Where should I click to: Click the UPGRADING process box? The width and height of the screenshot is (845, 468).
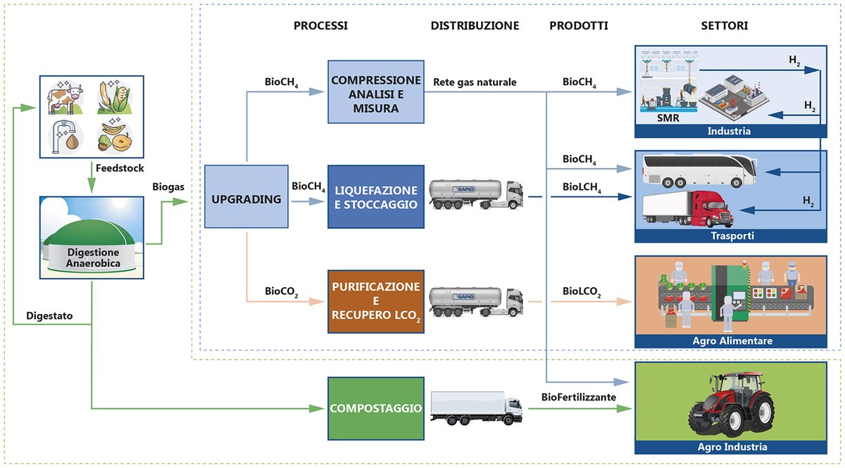coord(246,200)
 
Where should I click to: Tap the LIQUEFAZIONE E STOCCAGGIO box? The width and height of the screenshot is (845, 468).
coord(375,197)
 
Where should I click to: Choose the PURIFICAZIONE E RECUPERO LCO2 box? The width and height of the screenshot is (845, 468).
coord(375,301)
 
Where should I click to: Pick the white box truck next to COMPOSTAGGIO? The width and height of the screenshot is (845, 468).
coord(476,409)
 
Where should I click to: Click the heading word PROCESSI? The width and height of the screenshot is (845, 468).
coord(320,26)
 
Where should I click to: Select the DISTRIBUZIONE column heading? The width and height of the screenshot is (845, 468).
coord(475,26)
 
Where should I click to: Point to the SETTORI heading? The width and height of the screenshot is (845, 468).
coord(725,26)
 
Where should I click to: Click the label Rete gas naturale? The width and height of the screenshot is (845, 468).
coord(475,82)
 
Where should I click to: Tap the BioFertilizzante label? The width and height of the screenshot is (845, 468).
coord(579,397)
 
